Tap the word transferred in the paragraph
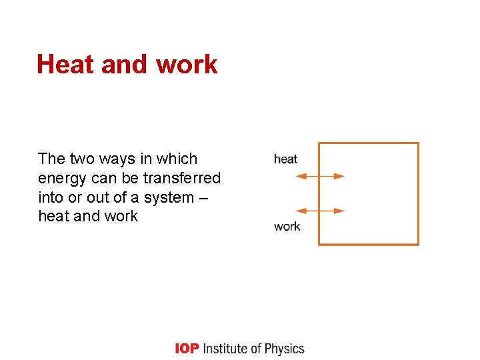182,178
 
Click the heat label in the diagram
285,159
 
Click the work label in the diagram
287,227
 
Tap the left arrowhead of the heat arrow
300,177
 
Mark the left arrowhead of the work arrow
300,211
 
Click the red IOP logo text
186,349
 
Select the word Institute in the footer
227,349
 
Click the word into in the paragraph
51,197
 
